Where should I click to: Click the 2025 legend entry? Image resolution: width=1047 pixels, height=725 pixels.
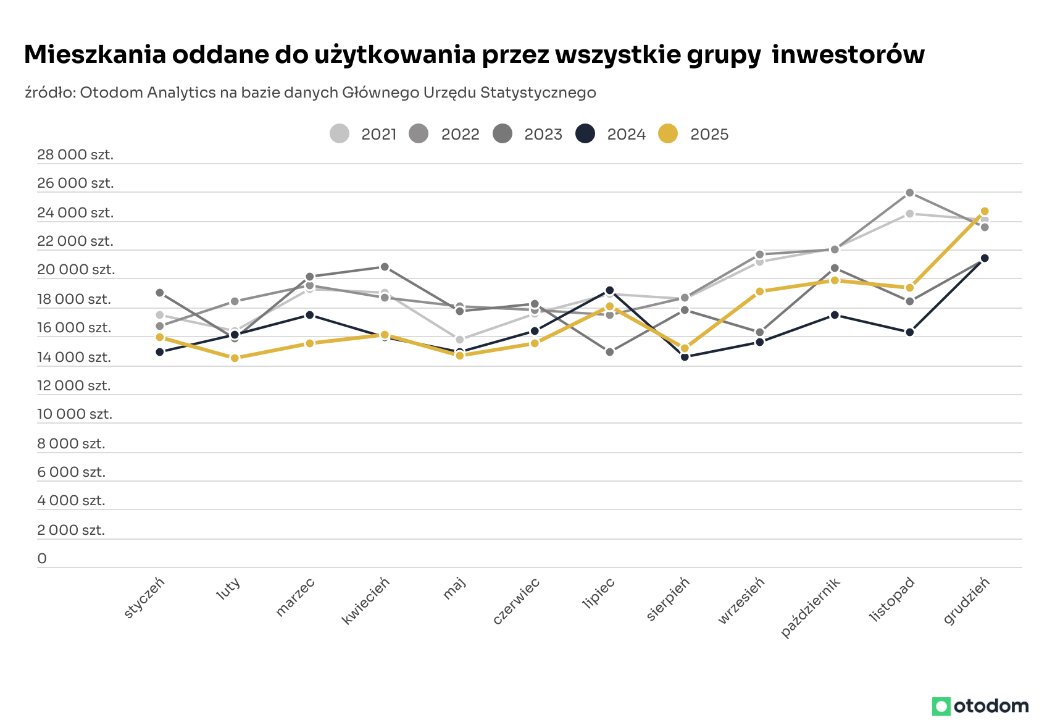tap(694, 134)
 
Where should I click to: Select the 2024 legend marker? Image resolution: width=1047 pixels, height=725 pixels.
tap(585, 133)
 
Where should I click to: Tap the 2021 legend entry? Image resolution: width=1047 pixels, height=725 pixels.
tap(364, 134)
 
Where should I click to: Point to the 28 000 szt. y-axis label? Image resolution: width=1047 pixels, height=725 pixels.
tap(75, 154)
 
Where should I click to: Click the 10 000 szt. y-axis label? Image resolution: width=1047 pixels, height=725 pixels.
tap(75, 414)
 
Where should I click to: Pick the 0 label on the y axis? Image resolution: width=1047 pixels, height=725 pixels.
tap(42, 558)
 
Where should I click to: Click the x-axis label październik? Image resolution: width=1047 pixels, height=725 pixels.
tap(811, 607)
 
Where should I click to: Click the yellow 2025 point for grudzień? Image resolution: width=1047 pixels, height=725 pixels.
tap(985, 211)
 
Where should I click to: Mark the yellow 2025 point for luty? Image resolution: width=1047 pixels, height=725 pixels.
tap(235, 358)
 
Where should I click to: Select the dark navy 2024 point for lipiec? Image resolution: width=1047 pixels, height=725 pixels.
tap(610, 290)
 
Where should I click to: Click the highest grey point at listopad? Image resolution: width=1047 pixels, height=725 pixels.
tap(909, 193)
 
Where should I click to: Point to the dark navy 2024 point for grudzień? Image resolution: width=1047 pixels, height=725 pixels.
tap(985, 258)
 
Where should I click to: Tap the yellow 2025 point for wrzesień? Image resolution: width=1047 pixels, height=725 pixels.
tap(760, 291)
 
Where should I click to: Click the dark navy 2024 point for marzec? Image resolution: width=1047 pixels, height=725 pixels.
tap(310, 315)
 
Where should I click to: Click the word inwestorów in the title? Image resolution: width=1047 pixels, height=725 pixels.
tap(848, 54)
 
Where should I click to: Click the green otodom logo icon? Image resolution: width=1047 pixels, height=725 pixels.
tap(941, 706)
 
